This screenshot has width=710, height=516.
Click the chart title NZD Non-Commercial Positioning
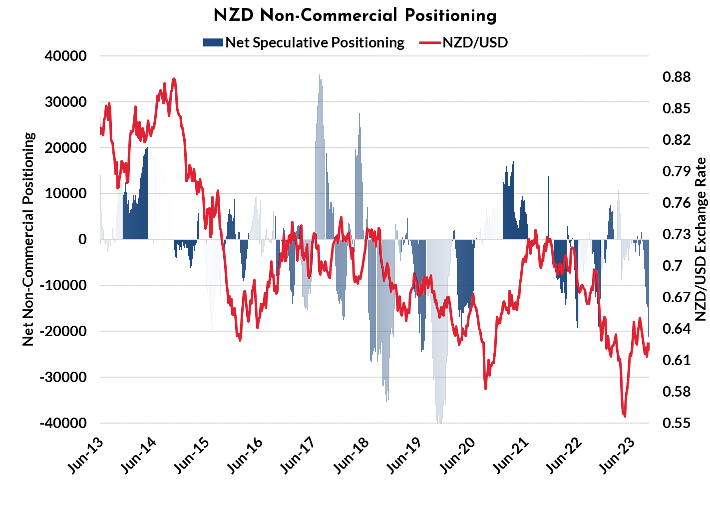tap(355, 15)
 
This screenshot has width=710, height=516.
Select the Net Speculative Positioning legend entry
tap(314, 42)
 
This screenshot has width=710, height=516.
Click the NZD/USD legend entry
tap(475, 42)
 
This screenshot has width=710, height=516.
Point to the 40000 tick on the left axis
tap(66, 56)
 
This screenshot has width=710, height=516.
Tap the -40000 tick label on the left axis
tap(63, 423)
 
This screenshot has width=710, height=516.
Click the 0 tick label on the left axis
tap(82, 239)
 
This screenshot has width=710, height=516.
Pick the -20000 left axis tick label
tap(63, 331)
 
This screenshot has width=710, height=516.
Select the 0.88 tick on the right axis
tap(677, 77)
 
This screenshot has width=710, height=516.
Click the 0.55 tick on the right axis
tap(677, 423)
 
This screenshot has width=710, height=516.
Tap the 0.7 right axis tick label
tap(673, 265)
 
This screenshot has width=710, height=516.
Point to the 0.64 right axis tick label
tap(677, 328)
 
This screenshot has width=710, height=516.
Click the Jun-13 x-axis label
tap(85, 456)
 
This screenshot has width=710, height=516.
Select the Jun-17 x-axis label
tap(298, 456)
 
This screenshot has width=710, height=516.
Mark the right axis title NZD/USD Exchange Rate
tap(701, 239)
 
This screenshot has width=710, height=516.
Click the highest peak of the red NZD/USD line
tap(174, 79)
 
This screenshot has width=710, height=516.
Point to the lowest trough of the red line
tap(625, 416)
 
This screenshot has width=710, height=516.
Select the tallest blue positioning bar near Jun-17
tap(320, 76)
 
